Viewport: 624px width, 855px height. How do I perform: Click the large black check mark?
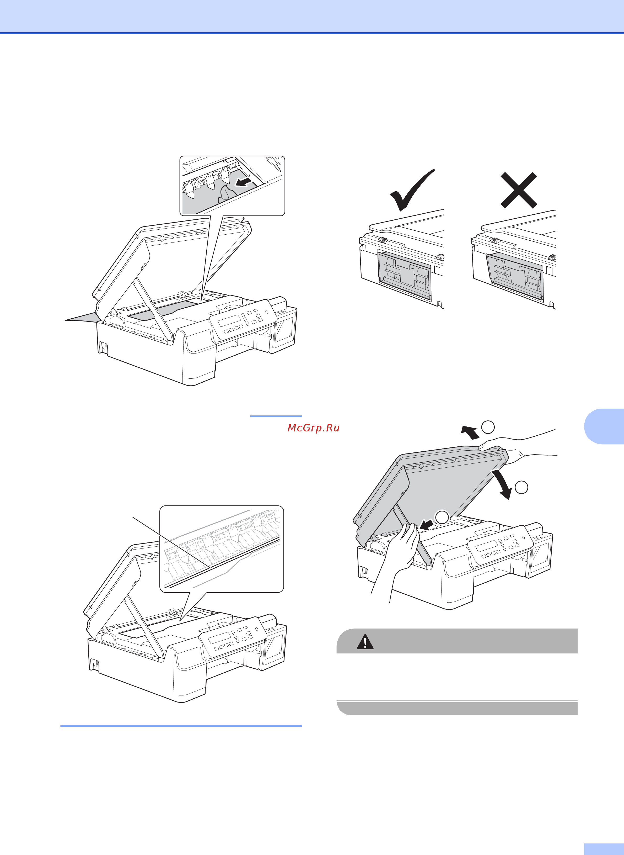coord(412,190)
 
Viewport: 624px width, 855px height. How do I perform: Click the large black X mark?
coord(519,190)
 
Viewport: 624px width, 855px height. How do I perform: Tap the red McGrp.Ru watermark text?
coord(314,428)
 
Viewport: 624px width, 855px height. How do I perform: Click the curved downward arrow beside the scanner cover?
coord(502,484)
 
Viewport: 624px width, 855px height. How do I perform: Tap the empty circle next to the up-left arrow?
coord(488,427)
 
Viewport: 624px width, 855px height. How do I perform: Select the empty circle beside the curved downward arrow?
coord(522,487)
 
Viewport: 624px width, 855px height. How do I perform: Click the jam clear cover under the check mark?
coord(405,275)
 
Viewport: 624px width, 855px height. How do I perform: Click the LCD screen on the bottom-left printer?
coord(219,638)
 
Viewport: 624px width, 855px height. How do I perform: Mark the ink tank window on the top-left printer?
coord(284,327)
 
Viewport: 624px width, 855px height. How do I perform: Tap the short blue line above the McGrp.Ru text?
coord(276,416)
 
